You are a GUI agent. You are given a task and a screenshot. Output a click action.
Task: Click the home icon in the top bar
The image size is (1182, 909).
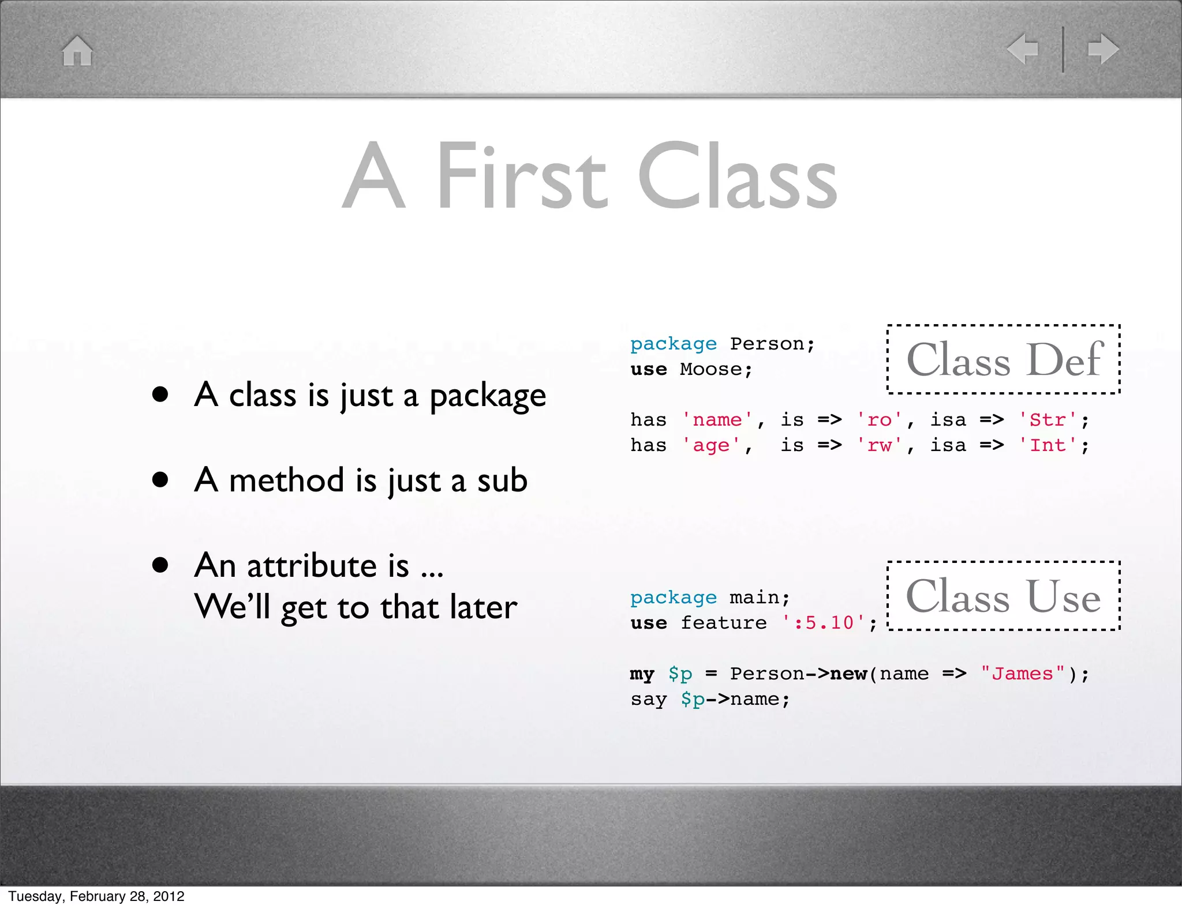click(x=77, y=51)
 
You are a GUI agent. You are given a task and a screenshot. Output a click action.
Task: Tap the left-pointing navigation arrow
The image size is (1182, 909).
click(x=1023, y=49)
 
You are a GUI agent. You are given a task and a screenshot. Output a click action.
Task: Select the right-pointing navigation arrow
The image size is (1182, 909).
click(x=1103, y=49)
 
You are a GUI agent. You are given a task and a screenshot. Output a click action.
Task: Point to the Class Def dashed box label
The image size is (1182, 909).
click(x=1004, y=359)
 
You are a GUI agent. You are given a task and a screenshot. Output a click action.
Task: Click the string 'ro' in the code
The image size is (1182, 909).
click(x=880, y=420)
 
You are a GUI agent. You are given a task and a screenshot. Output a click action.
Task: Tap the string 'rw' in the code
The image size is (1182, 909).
click(x=880, y=445)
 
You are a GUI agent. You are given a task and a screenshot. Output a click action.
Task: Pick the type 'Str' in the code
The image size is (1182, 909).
click(x=1048, y=420)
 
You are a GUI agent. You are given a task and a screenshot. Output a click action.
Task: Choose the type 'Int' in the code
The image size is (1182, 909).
click(x=1048, y=445)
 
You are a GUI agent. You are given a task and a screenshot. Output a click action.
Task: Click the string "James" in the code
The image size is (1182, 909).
click(x=1022, y=674)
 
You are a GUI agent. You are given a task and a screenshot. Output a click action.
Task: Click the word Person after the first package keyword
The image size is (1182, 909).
click(x=766, y=344)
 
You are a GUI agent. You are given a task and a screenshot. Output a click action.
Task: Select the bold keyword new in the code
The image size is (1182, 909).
click(x=848, y=674)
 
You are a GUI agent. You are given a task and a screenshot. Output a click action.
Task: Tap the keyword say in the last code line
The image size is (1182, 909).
click(x=648, y=699)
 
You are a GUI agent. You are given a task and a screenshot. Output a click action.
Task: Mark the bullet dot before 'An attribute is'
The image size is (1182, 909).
click(x=160, y=565)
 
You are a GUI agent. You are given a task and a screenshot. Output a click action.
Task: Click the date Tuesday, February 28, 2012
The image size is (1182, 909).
click(x=96, y=896)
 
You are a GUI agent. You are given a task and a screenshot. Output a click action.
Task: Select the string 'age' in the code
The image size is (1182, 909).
click(x=711, y=445)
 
